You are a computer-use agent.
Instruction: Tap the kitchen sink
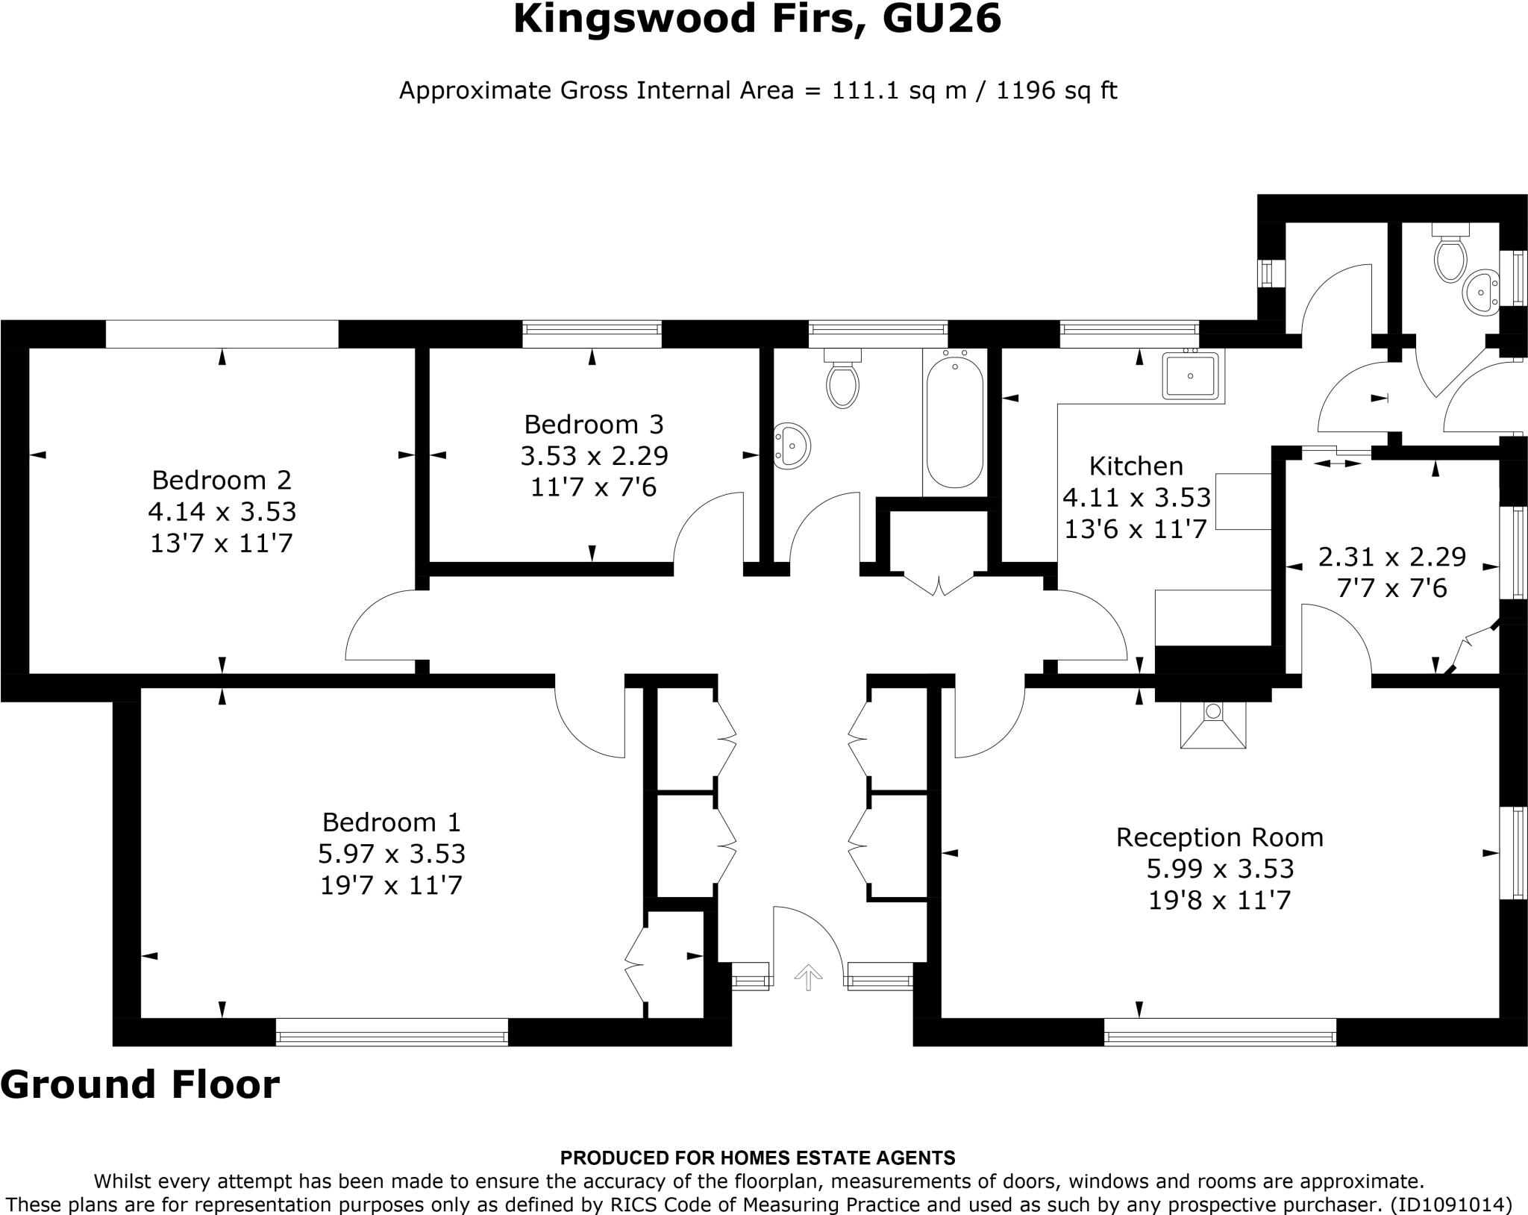[x=1191, y=376]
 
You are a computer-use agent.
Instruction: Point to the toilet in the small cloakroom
[x=1450, y=252]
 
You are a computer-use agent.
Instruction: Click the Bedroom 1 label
[x=392, y=822]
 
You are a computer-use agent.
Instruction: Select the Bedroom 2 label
[x=222, y=479]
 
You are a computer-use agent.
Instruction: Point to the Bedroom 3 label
[x=593, y=424]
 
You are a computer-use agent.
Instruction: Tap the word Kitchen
[x=1136, y=466]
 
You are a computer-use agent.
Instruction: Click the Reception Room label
[x=1219, y=837]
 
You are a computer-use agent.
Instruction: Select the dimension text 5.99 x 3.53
[x=1219, y=869]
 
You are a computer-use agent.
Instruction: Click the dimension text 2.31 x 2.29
[x=1392, y=557]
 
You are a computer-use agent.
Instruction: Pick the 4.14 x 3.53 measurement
[x=222, y=511]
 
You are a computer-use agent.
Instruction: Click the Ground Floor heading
[x=140, y=1084]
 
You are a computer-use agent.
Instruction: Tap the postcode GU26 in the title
[x=941, y=19]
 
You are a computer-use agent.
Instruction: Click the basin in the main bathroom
[x=792, y=446]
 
